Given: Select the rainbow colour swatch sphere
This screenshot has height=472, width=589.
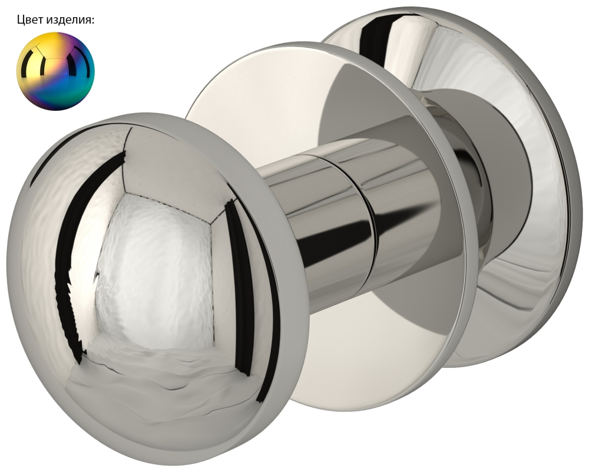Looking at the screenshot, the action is click(55, 71).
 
